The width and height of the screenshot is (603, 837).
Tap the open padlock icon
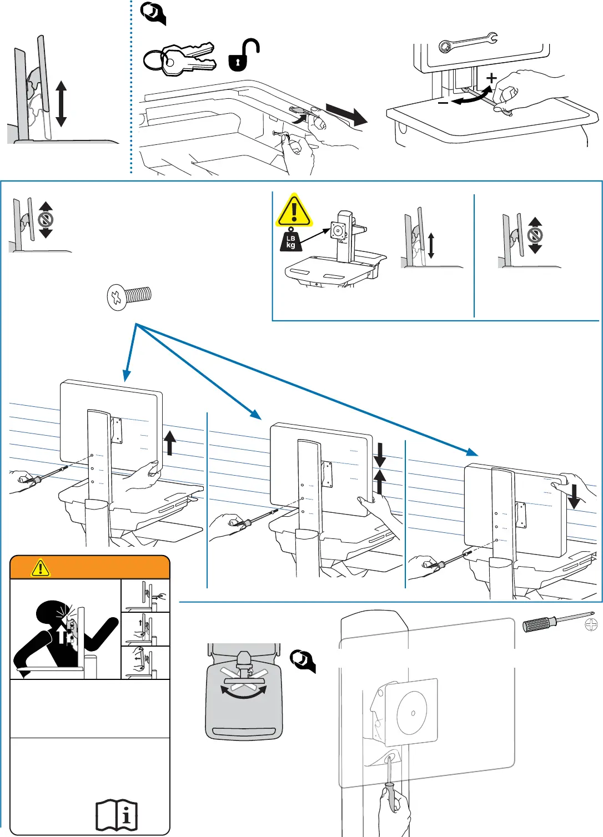point(243,56)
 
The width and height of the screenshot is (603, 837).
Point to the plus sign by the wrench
point(491,78)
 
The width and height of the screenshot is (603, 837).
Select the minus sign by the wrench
point(443,103)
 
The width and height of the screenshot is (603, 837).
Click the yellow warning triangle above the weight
point(294,210)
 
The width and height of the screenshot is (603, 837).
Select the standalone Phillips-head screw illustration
point(129,296)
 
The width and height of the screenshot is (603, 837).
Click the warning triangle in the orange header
point(41,568)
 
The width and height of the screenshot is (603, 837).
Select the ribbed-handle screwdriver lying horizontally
point(557,622)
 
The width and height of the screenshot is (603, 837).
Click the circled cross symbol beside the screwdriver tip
point(591,625)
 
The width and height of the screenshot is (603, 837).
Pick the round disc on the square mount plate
point(413,712)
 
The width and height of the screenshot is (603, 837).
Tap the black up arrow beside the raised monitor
point(169,443)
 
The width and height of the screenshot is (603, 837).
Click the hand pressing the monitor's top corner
point(571,482)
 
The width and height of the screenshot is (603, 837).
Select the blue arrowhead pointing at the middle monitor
point(256,415)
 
